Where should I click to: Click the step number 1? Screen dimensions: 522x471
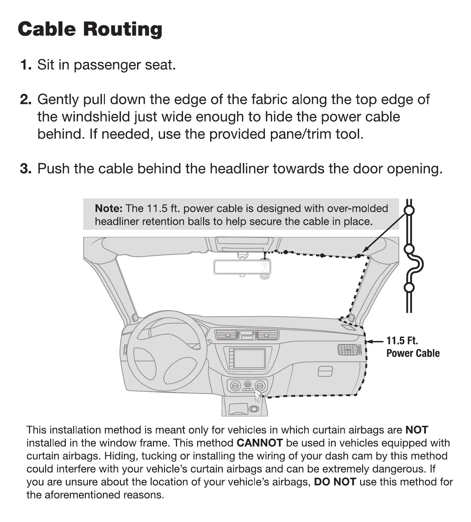[x=25, y=65]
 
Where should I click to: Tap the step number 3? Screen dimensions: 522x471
[x=25, y=169]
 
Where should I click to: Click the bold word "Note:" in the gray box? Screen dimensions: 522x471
[x=109, y=208]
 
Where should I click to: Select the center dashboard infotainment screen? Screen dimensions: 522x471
[x=249, y=359]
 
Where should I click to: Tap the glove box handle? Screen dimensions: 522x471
[x=325, y=371]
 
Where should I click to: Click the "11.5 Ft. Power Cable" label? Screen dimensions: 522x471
[x=413, y=347]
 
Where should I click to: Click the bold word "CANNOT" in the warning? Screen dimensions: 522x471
[x=260, y=443]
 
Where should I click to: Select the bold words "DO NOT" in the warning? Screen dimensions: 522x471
[x=335, y=482]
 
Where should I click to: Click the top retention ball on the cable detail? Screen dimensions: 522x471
[x=409, y=210]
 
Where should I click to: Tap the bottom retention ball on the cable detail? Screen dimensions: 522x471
[x=409, y=287]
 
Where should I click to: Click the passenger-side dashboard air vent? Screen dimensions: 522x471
[x=348, y=350]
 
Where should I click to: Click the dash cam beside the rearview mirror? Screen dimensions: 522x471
[x=265, y=269]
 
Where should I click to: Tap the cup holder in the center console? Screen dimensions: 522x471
[x=254, y=409]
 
